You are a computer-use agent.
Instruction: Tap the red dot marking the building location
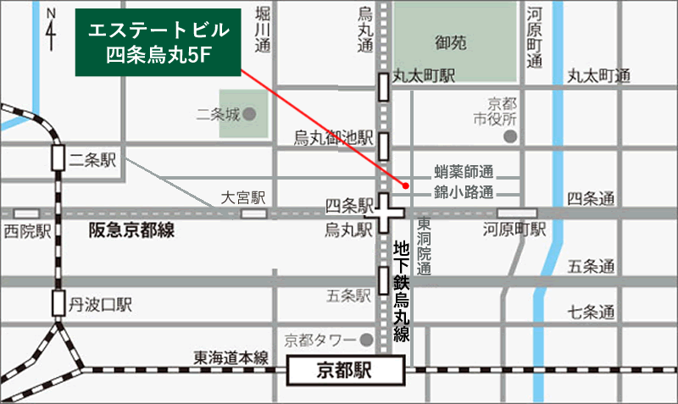pyautogui.click(x=406, y=185)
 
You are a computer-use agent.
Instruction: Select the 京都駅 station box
pyautogui.click(x=346, y=370)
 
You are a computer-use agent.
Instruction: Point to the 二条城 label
pyautogui.click(x=217, y=113)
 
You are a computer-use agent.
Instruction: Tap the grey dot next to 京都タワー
pyautogui.click(x=366, y=339)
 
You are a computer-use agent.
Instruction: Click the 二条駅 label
pyautogui.click(x=96, y=158)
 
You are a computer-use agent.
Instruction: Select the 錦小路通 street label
pyautogui.click(x=464, y=191)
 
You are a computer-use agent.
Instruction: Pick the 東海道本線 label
pyautogui.click(x=230, y=357)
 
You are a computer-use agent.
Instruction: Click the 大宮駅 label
pyautogui.click(x=243, y=198)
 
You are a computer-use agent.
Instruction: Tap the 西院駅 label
pyautogui.click(x=28, y=230)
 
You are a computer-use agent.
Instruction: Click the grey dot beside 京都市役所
pyautogui.click(x=509, y=136)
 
